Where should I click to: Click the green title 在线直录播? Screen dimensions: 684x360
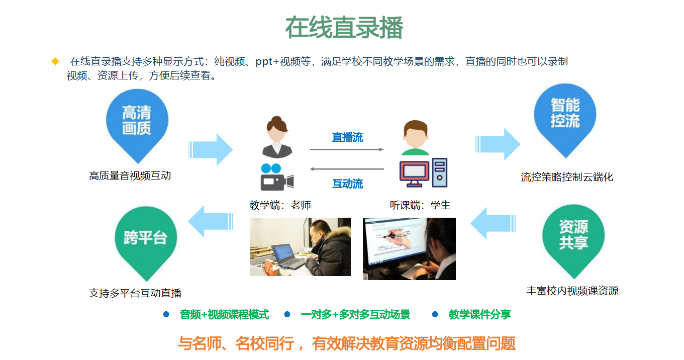coord(344,28)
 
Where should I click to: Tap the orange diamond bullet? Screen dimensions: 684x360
coord(55,61)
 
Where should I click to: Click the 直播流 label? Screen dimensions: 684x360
coord(347,137)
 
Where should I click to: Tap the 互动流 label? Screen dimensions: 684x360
coord(347,184)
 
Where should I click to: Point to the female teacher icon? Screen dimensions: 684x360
coord(277,137)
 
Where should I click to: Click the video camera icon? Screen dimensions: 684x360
coord(277,177)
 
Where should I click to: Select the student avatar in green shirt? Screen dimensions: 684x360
coord(415,138)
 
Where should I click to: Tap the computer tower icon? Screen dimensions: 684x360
coord(440,172)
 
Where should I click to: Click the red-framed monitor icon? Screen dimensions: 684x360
coord(414,174)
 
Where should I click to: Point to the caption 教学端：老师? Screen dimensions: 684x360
coord(280,205)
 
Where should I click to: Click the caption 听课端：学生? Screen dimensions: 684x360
coord(420,205)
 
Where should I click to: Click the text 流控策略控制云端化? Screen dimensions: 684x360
coord(567,177)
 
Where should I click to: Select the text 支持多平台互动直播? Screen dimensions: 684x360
coord(135,293)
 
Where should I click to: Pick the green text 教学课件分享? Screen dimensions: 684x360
coord(480,314)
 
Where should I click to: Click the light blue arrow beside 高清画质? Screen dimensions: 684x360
coord(210,150)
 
